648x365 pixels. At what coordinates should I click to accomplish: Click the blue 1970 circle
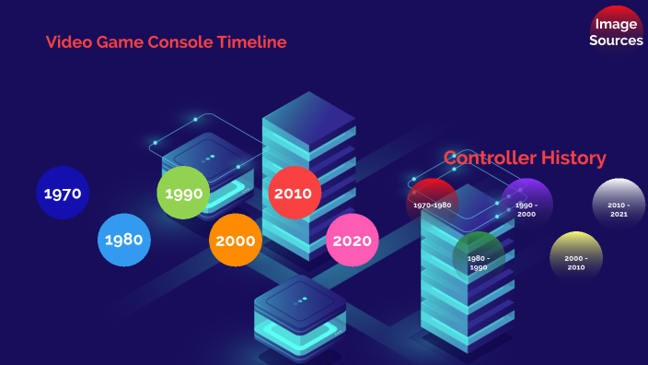(63, 194)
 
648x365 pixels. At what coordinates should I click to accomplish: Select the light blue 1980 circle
(124, 240)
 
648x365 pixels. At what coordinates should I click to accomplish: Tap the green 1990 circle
(183, 194)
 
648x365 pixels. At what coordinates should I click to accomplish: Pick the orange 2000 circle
(236, 241)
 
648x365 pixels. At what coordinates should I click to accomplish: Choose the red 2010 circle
(294, 194)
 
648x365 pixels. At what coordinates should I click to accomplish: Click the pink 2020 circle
(353, 241)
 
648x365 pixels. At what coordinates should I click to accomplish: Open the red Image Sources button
(617, 30)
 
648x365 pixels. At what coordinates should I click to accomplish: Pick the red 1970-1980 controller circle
(433, 205)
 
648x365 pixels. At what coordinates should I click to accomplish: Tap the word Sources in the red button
(617, 41)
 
